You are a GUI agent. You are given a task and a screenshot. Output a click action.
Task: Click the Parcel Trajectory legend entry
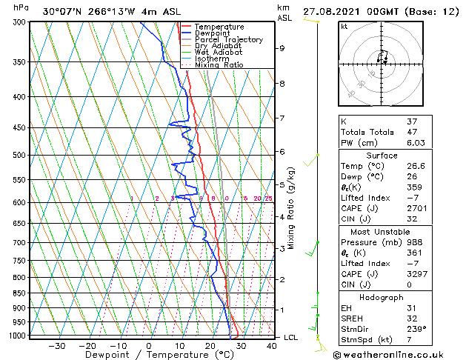228,39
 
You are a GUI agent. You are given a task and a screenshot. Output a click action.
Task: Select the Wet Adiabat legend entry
220,52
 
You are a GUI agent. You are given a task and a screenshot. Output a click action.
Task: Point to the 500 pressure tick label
20,156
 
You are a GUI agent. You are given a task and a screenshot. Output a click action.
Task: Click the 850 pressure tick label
20,293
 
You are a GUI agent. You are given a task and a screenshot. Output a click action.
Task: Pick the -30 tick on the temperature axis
56,346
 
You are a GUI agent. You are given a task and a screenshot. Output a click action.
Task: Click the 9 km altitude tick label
282,48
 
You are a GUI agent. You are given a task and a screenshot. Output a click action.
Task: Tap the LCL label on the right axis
292,337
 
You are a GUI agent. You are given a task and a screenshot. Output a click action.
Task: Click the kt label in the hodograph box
344,27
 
